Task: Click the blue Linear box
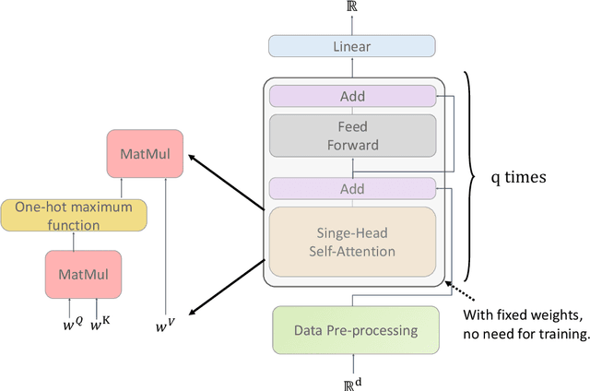351,47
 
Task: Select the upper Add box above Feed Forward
351,96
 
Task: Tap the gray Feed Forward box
351,136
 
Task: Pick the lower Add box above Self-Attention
351,189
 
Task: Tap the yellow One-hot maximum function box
73,214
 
